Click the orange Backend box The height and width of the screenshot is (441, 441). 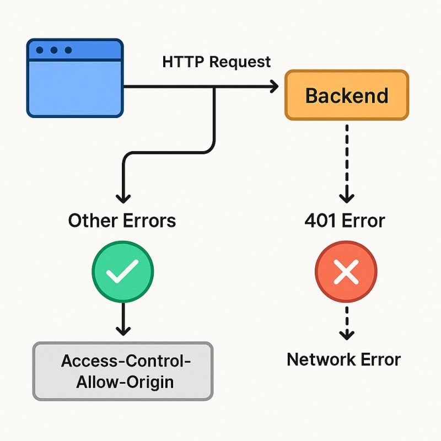(x=347, y=95)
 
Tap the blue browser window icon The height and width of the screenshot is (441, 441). (x=75, y=78)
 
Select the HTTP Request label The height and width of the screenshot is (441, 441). (x=217, y=62)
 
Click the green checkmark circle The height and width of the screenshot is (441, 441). (x=122, y=272)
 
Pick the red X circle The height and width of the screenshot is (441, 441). (x=346, y=272)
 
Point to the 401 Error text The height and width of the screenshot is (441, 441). (x=345, y=221)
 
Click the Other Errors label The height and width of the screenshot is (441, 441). (x=122, y=221)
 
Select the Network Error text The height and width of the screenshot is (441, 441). (x=344, y=360)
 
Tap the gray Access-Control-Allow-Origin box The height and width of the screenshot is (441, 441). (x=122, y=370)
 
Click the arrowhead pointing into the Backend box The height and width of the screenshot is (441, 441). (x=273, y=87)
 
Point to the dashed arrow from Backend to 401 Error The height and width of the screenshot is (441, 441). (x=346, y=160)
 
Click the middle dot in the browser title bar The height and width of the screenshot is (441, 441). (x=54, y=50)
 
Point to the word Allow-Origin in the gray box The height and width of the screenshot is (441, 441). (x=122, y=381)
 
